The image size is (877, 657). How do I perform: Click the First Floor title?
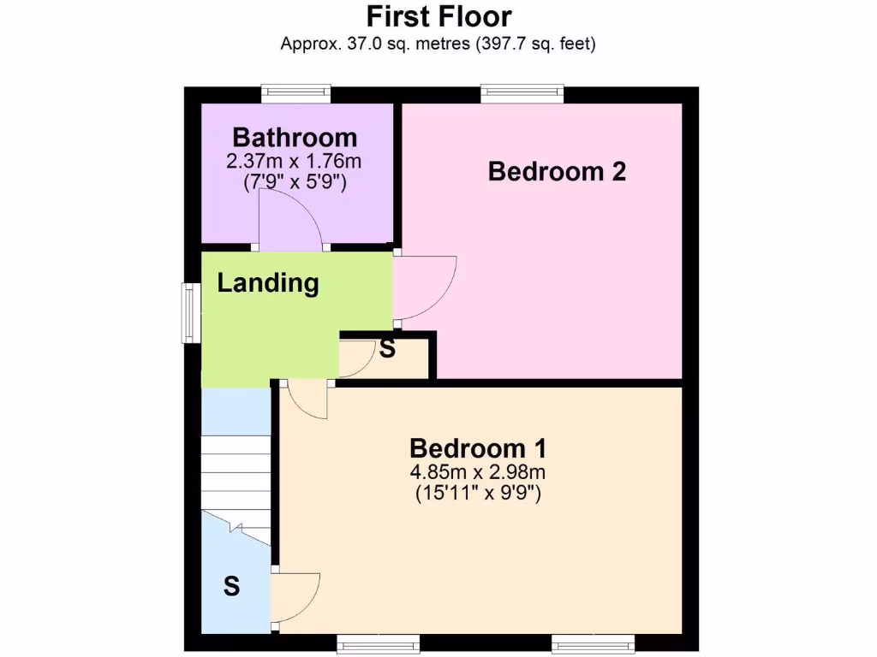click(438, 16)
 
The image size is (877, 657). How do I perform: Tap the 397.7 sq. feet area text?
click(536, 44)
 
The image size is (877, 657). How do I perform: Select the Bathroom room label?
click(295, 137)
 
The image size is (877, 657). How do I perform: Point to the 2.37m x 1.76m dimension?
click(295, 160)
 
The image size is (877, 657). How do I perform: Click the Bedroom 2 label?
click(557, 171)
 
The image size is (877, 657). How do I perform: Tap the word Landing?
click(268, 283)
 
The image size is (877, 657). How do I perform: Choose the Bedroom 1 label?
click(478, 448)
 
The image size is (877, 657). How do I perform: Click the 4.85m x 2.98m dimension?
click(478, 471)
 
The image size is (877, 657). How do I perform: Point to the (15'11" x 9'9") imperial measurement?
click(478, 493)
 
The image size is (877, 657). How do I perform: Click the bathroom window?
click(296, 92)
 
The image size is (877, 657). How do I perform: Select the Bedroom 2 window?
click(522, 92)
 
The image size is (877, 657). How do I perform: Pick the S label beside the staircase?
click(231, 587)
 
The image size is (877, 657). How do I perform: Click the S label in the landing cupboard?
click(387, 349)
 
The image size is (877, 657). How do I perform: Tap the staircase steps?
click(236, 471)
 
